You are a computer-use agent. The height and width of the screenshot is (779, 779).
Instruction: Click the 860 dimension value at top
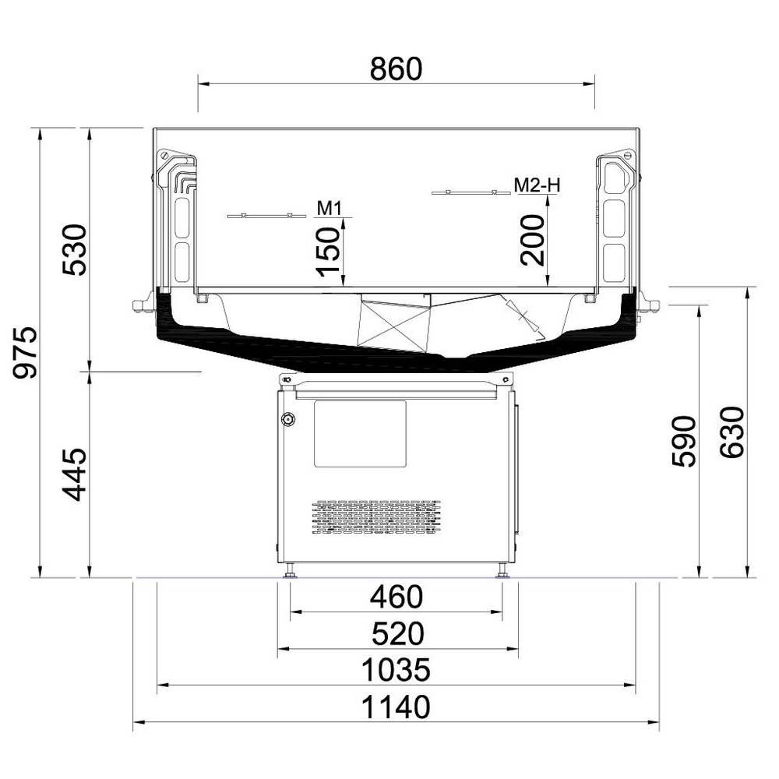[396, 69]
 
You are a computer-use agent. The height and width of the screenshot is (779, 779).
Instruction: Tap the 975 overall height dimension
[25, 352]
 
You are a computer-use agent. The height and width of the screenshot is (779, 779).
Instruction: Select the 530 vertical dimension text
[75, 250]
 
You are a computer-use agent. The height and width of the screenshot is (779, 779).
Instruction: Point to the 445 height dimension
[75, 474]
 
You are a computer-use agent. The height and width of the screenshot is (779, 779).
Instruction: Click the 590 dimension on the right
[684, 442]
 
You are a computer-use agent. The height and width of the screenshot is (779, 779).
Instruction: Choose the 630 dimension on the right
[732, 432]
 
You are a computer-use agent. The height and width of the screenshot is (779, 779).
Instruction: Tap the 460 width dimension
[396, 597]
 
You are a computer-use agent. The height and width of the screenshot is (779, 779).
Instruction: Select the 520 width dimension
[397, 633]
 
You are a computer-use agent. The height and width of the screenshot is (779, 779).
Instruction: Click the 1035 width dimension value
[396, 670]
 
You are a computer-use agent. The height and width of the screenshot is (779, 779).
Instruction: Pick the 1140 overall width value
[396, 707]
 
